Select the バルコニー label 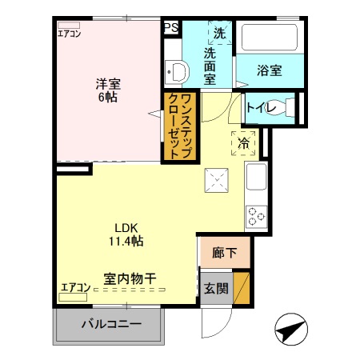[111, 325]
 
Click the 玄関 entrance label [214, 288]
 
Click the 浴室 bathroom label [269, 70]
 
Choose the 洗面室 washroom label [210, 66]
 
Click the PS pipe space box [170, 27]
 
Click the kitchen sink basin [257, 177]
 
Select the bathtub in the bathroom [269, 38]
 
